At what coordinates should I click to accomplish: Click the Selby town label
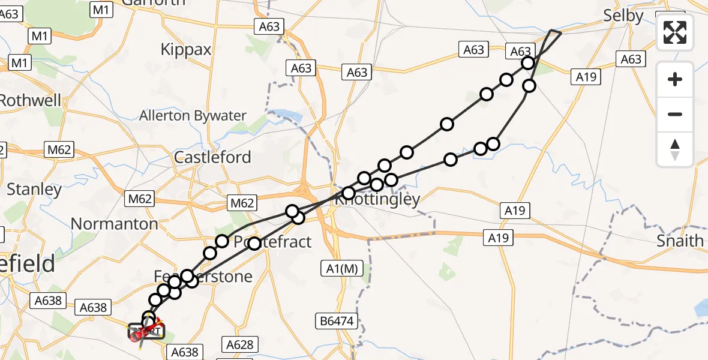pyautogui.click(x=624, y=16)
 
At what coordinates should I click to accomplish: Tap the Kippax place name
pyautogui.click(x=186, y=49)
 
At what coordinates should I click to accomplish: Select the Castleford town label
pyautogui.click(x=212, y=158)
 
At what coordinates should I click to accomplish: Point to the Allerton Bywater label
pyautogui.click(x=193, y=116)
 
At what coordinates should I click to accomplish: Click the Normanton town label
pyautogui.click(x=115, y=224)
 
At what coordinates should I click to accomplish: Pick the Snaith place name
pyautogui.click(x=680, y=241)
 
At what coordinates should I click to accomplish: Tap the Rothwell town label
pyautogui.click(x=30, y=100)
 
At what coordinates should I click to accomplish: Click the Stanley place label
pyautogui.click(x=34, y=190)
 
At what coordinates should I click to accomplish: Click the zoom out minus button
pyautogui.click(x=675, y=114)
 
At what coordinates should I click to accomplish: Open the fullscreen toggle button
pyautogui.click(x=675, y=32)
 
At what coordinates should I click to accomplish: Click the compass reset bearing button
pyautogui.click(x=675, y=149)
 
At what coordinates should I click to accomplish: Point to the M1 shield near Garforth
pyautogui.click(x=101, y=9)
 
